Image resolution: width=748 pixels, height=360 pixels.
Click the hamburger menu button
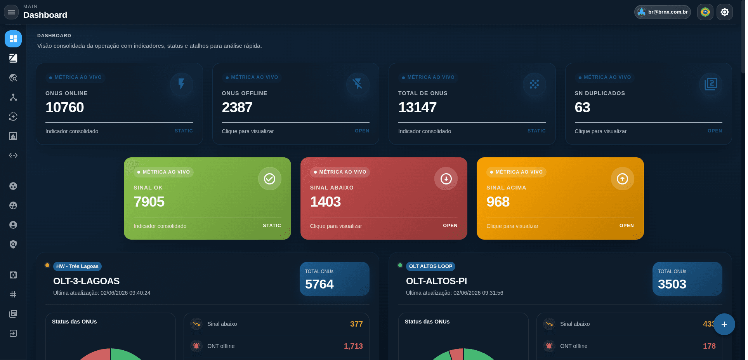click(x=11, y=12)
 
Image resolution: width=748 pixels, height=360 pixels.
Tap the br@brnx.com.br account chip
click(x=663, y=12)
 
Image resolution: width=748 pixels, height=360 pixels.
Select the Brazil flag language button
click(x=705, y=12)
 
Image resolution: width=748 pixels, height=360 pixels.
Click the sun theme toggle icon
click(x=725, y=12)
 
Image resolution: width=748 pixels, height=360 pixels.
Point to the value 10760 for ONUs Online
click(x=64, y=107)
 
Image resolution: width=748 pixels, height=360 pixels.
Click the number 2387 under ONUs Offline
click(x=237, y=107)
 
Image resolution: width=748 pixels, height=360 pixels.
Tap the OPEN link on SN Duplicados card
click(x=715, y=131)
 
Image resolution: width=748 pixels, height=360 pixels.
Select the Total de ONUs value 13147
click(x=417, y=107)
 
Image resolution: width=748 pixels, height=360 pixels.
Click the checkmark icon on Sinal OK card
click(x=269, y=179)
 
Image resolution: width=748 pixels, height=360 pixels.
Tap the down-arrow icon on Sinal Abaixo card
click(x=446, y=179)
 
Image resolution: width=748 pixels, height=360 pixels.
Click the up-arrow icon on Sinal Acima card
click(x=622, y=179)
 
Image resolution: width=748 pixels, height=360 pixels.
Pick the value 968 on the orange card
click(x=498, y=202)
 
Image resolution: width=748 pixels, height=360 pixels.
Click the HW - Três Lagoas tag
click(x=77, y=266)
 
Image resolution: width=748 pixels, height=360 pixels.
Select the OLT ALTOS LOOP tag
click(x=430, y=266)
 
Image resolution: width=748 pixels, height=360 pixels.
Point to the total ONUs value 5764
click(x=319, y=284)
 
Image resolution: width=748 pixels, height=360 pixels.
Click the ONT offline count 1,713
click(x=353, y=346)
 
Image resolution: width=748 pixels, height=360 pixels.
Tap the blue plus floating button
click(x=724, y=324)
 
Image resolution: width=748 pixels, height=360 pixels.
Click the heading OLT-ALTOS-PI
click(x=436, y=281)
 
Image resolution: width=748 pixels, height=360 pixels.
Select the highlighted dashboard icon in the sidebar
click(x=13, y=39)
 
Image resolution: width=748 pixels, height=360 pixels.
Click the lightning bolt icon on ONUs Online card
click(x=181, y=84)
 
